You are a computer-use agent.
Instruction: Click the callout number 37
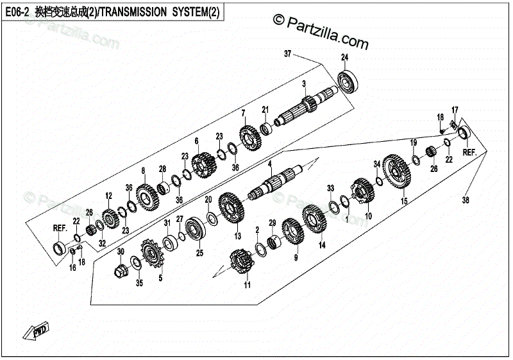tap(288, 54)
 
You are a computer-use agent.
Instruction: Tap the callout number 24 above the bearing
tap(344, 58)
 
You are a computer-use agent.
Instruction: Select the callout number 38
tap(466, 201)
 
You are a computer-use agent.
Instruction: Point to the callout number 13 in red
tap(238, 236)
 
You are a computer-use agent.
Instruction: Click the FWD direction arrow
tap(35, 330)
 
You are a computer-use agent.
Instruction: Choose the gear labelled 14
tap(315, 218)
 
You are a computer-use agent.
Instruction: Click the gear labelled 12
tap(108, 217)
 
